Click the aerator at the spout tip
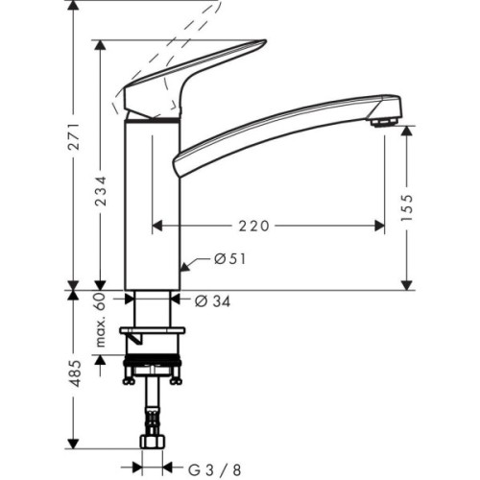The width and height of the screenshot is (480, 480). coord(384,121)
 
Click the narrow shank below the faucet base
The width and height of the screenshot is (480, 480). coord(154,308)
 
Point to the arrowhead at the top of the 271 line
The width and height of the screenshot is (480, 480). coord(73,8)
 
